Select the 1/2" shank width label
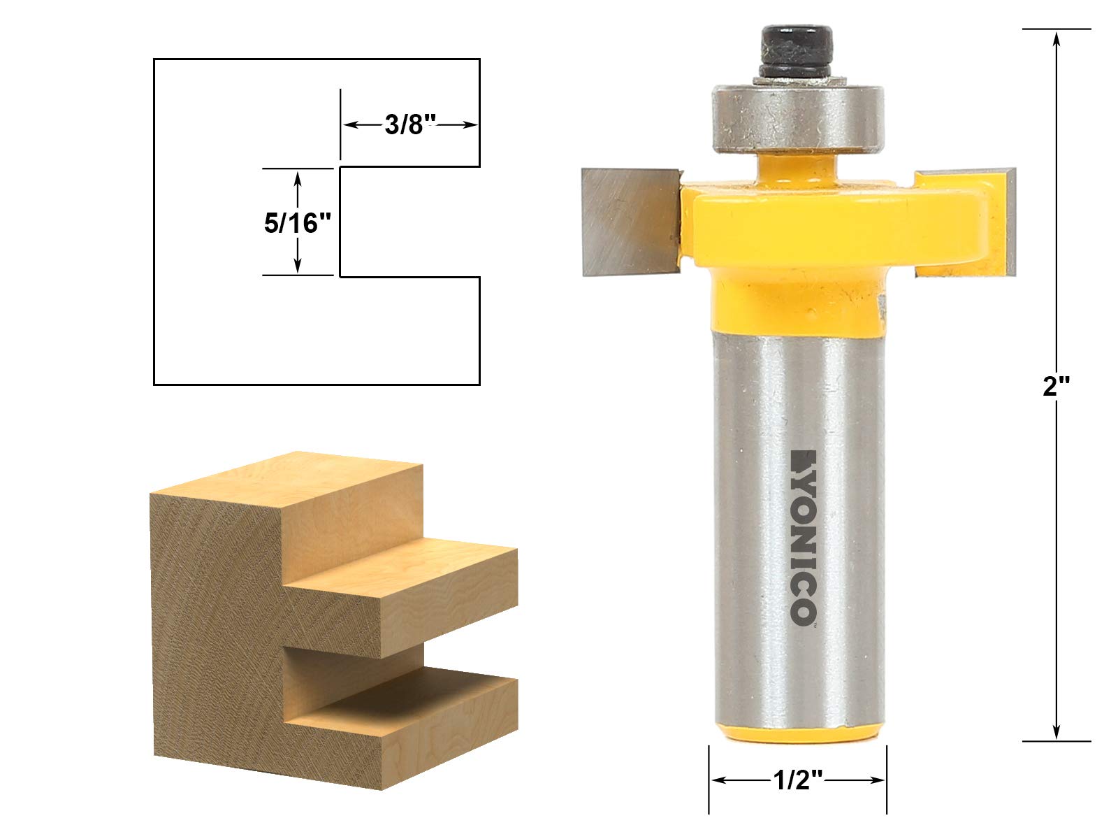point(797,780)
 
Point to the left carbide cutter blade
point(625,220)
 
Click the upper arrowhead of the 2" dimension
point(1057,38)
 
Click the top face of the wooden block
point(293,482)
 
